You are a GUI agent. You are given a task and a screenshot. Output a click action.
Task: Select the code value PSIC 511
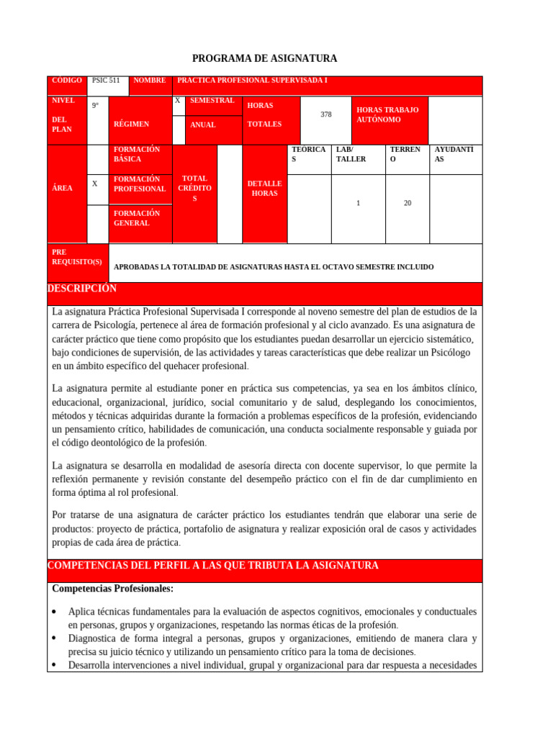tap(106, 81)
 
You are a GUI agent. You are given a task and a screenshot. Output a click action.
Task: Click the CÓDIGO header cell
tap(67, 81)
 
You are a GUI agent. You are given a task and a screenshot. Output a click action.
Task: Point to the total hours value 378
tap(326, 114)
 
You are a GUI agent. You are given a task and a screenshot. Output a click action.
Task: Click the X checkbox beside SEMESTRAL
tap(178, 101)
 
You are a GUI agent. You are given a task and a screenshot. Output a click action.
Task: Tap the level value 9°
tap(96, 106)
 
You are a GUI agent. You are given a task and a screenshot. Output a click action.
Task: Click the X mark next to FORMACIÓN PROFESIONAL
tap(94, 184)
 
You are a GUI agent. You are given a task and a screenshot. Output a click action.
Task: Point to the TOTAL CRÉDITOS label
tap(194, 188)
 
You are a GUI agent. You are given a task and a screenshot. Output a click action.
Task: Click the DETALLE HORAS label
tap(264, 189)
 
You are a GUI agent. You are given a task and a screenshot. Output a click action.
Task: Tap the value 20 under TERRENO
tap(408, 204)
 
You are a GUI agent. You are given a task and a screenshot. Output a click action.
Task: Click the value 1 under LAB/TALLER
tap(358, 204)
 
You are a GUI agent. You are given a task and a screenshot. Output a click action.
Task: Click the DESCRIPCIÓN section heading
tap(82, 289)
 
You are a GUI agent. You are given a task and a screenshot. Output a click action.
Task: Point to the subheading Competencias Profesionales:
tap(112, 589)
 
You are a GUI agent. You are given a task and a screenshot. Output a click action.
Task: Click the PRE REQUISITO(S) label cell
tap(77, 257)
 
